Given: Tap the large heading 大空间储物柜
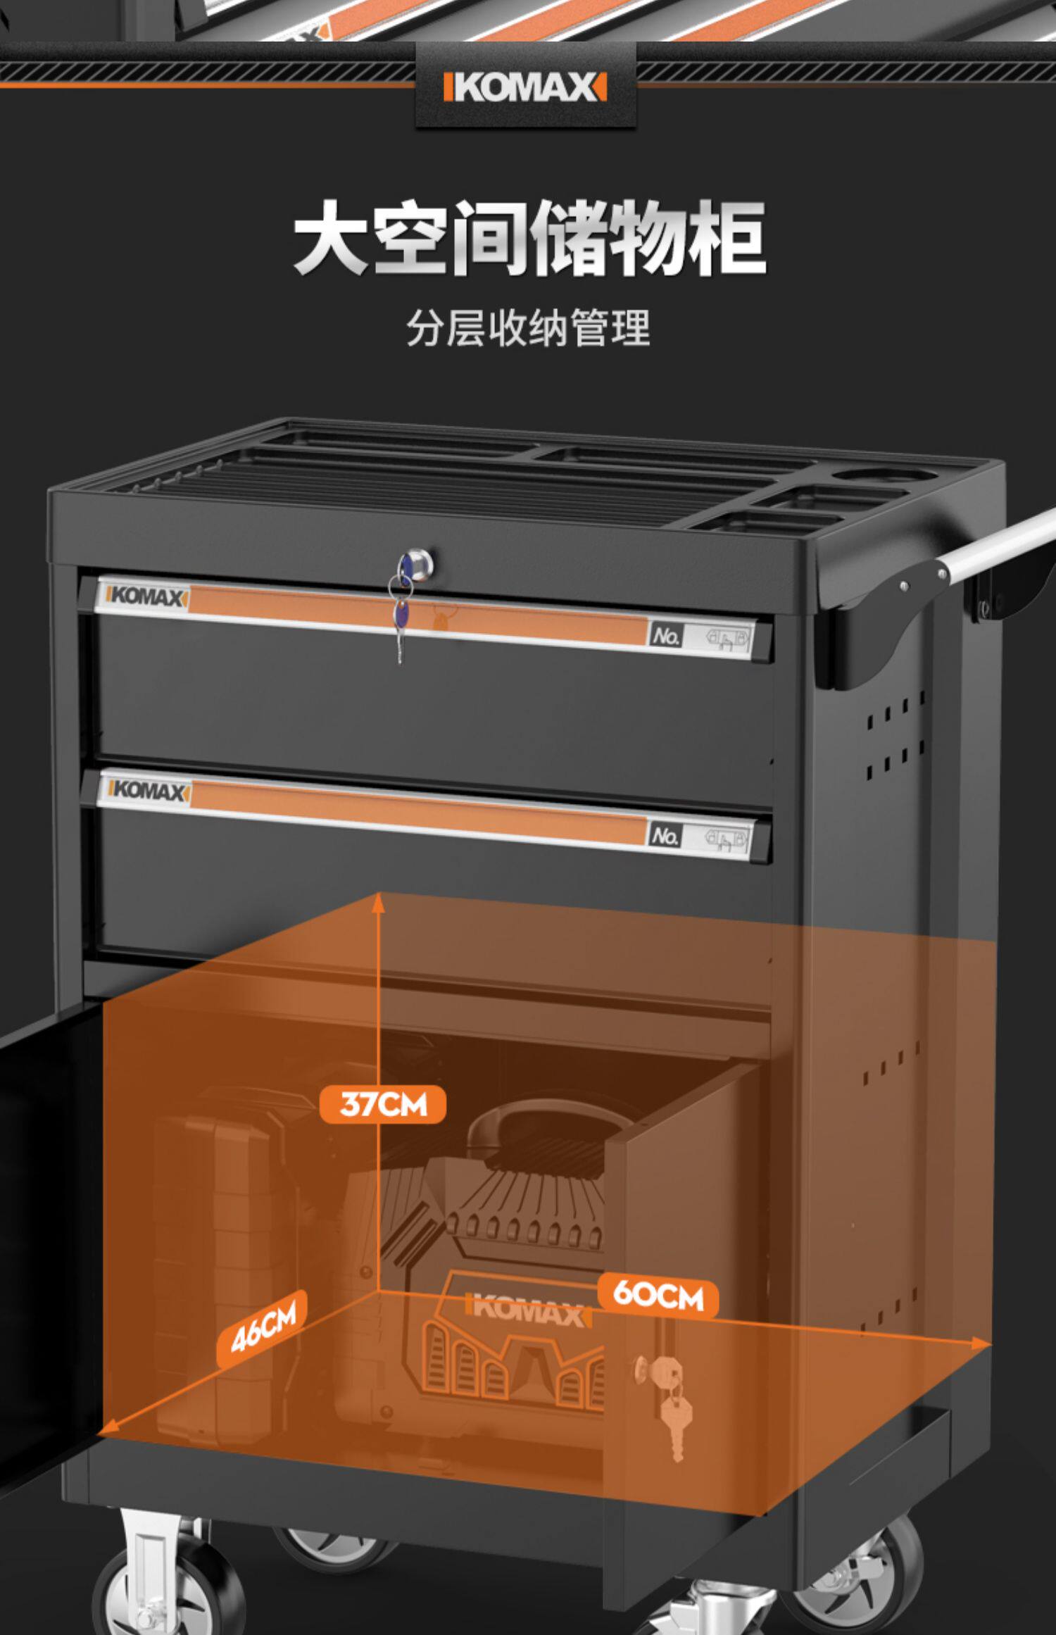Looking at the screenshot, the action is coord(529,238).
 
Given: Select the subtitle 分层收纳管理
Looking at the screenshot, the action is coord(528,328).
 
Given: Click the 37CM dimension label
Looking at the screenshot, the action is coord(382,1103).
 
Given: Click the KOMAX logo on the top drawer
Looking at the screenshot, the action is coord(146,596).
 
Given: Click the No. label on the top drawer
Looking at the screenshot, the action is coord(665,635).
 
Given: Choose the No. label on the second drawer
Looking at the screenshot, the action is coord(665,835).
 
